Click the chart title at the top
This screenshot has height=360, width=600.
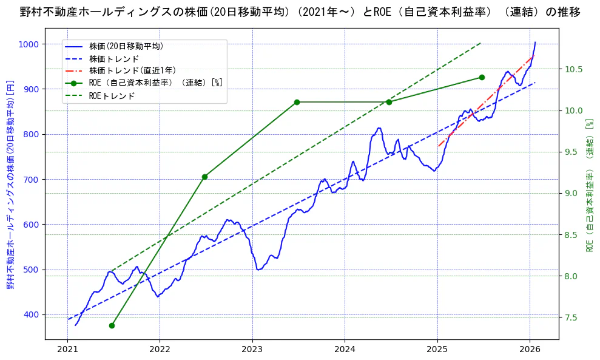[x=300, y=12]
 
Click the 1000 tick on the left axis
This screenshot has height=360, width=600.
[x=28, y=44]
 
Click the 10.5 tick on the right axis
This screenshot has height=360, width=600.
[x=574, y=69]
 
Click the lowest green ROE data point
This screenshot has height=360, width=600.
[x=112, y=325]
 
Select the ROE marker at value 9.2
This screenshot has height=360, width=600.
[x=204, y=177]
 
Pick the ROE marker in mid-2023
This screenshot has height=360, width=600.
[x=297, y=102]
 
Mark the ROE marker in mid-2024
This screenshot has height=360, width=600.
[x=389, y=102]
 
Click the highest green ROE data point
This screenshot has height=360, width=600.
[x=482, y=77]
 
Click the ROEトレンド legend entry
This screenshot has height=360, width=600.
[x=112, y=96]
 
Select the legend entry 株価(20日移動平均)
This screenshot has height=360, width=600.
[x=126, y=46]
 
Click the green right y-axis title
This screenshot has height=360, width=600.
[x=589, y=185]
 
